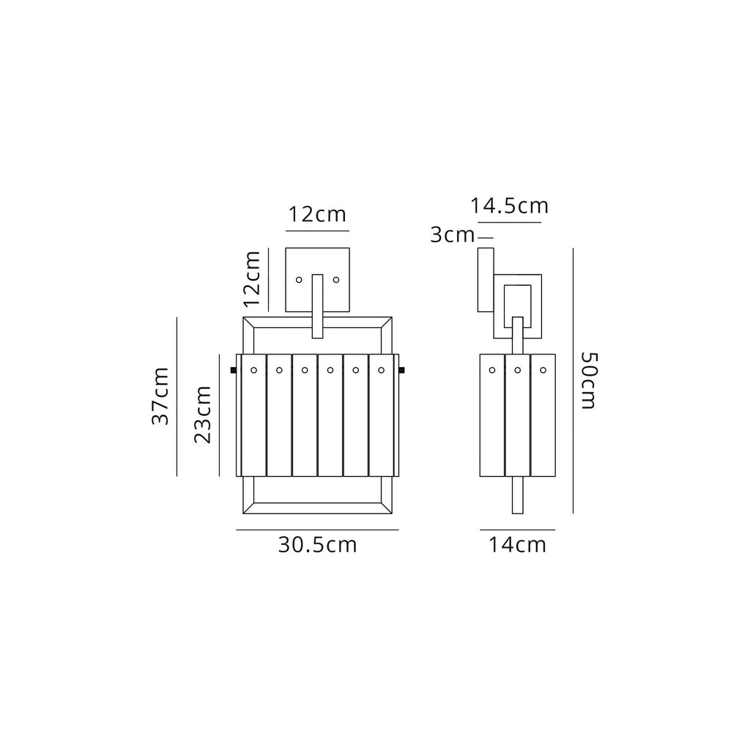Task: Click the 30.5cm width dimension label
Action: click(317, 545)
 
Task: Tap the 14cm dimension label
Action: click(518, 545)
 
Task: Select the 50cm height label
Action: click(590, 379)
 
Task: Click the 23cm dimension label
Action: click(203, 414)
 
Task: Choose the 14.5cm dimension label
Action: click(510, 207)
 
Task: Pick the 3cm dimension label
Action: click(453, 235)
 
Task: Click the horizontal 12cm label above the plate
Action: click(316, 215)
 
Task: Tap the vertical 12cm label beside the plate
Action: click(253, 278)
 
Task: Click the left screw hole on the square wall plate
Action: click(298, 279)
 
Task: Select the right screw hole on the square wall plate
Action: click(336, 279)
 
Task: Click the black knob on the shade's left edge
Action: click(234, 371)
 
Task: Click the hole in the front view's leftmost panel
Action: click(253, 370)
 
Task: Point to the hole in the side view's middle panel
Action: click(517, 370)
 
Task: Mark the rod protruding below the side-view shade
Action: click(518, 495)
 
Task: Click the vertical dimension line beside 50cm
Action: click(573, 379)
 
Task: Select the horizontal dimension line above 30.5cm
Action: click(317, 529)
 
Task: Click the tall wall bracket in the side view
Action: click(486, 280)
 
